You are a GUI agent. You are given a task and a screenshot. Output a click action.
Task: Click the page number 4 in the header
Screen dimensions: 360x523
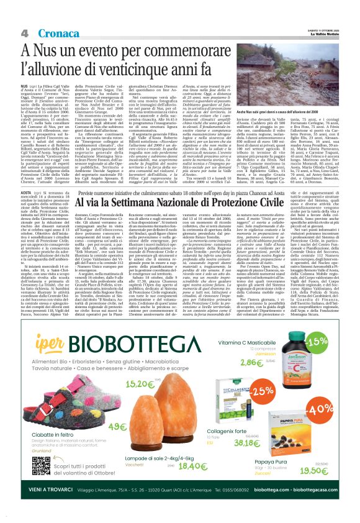(24, 32)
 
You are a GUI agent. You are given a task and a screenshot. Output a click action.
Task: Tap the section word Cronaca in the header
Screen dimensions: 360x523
(49, 32)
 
